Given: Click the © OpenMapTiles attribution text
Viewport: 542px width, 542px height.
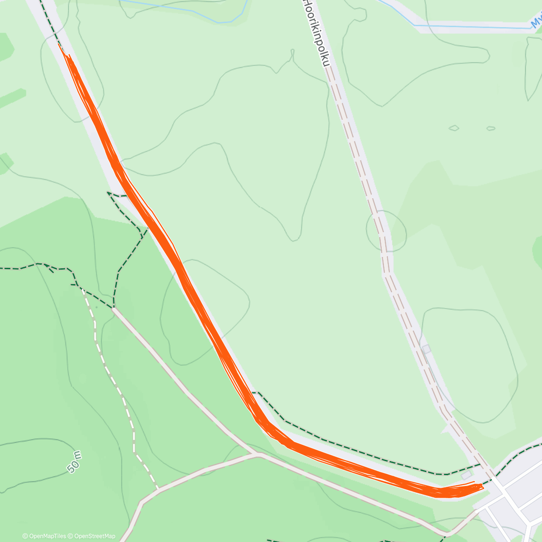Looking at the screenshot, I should tap(44, 536).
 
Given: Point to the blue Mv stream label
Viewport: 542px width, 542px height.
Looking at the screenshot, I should tap(536, 21).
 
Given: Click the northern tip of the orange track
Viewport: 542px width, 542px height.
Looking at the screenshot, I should tap(59, 44).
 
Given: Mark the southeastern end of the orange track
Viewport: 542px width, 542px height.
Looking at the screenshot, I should tap(482, 486).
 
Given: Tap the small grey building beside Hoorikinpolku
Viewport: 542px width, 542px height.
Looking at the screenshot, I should tap(426, 349).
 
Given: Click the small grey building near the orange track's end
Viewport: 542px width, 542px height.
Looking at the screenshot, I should tap(466, 476).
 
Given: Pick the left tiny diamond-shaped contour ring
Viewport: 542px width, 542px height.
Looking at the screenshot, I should tap(454, 128).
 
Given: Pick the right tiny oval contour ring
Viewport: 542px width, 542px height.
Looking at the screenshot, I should tap(491, 128).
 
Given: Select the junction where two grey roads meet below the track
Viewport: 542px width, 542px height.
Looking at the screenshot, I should tap(258, 454).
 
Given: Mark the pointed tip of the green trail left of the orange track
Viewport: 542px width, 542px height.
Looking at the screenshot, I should tap(107, 193).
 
